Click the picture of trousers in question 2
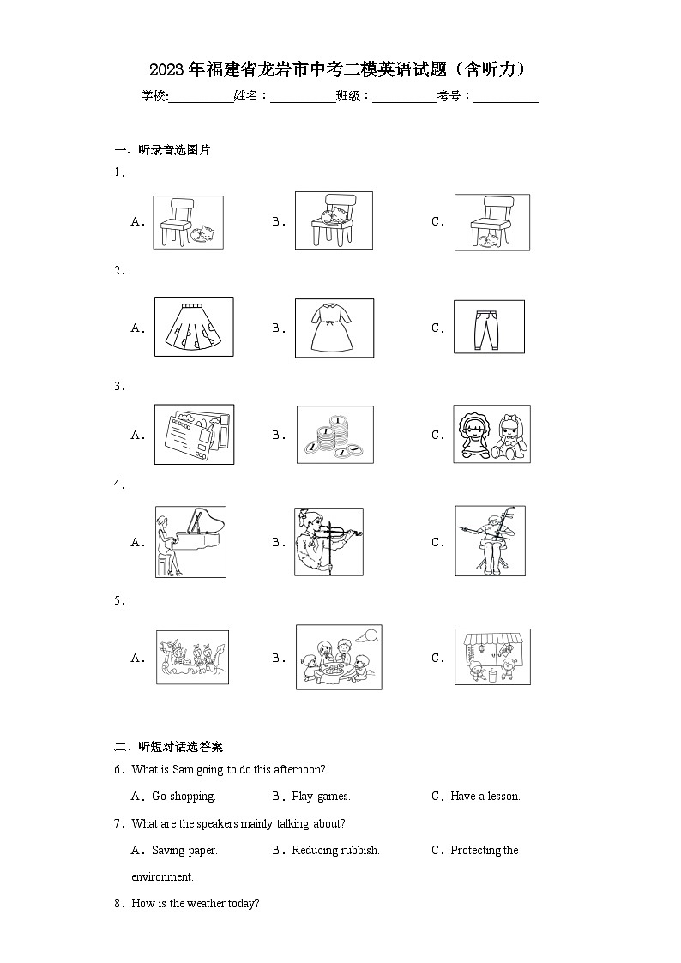[489, 327]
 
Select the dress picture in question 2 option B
[334, 328]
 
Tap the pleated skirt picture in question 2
[193, 327]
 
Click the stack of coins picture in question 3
[334, 435]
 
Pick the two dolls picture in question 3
[491, 435]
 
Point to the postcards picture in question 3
[193, 435]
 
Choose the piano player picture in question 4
[190, 542]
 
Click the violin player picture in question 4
[328, 542]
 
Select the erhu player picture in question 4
[490, 541]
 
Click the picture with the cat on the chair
[334, 220]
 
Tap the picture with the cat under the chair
[491, 222]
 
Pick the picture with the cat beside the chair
[188, 222]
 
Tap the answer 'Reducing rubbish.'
[335, 851]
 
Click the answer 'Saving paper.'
[184, 851]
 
